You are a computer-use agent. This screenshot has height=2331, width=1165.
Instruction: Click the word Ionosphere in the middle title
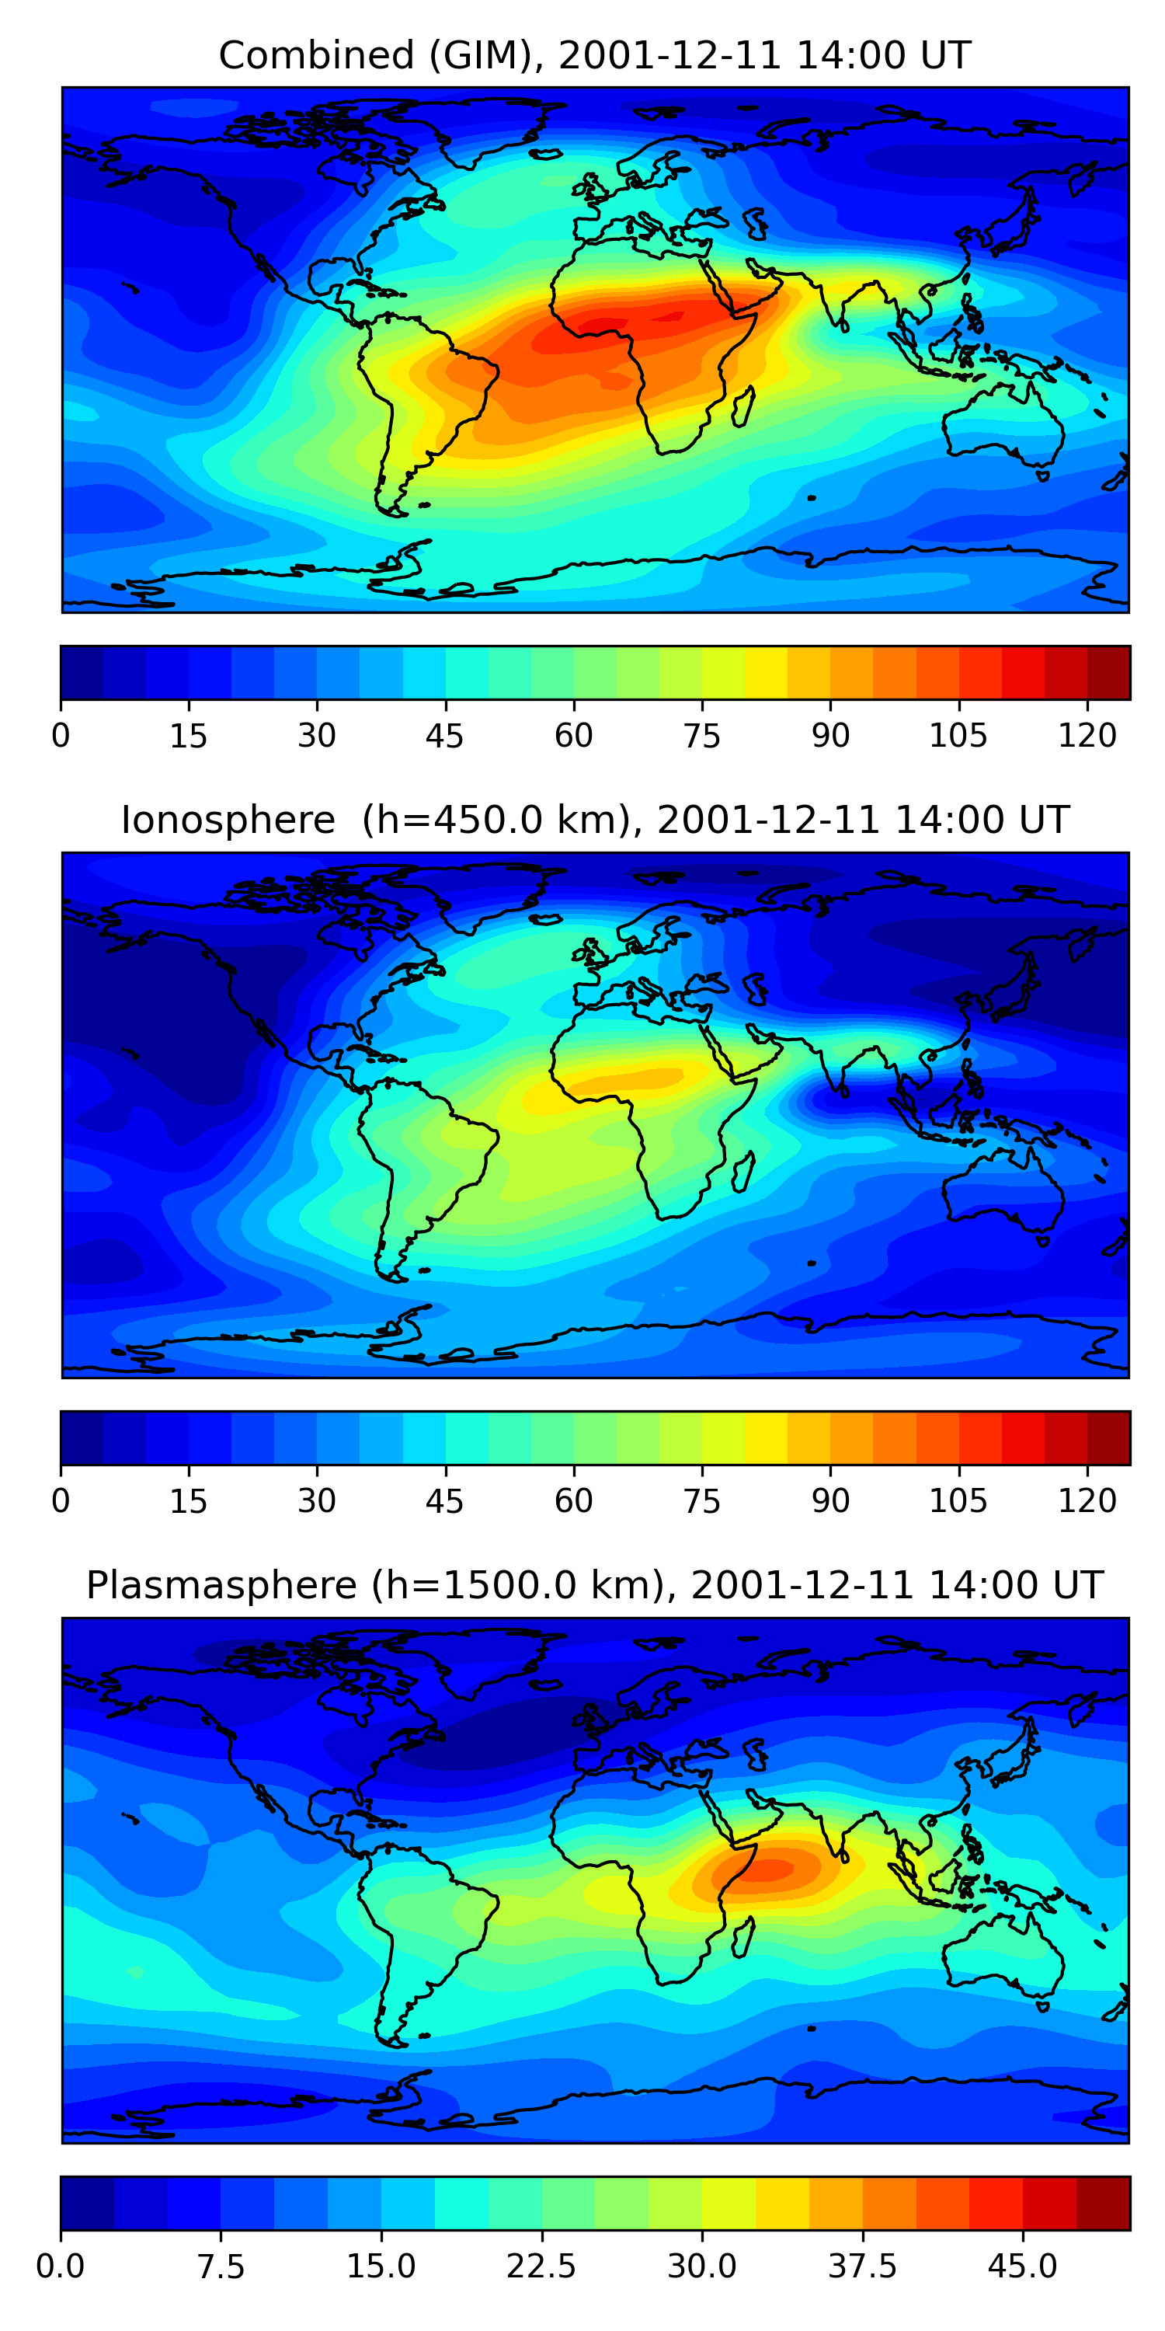click(228, 820)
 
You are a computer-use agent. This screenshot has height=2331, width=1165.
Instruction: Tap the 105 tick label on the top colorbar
click(958, 736)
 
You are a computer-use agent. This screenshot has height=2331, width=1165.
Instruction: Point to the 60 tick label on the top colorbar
click(573, 736)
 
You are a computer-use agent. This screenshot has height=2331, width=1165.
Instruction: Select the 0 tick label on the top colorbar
click(61, 736)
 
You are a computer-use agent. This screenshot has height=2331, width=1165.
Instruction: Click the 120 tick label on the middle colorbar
click(1087, 1501)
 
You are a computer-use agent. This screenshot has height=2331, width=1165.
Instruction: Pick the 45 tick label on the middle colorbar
click(444, 1501)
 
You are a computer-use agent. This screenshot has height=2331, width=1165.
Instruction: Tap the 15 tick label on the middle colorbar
click(188, 1501)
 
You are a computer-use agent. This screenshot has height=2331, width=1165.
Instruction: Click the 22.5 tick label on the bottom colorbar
click(541, 2267)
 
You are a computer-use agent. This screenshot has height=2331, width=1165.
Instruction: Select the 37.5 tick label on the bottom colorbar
click(862, 2267)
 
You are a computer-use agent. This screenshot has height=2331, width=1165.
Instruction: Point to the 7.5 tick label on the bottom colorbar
click(221, 2267)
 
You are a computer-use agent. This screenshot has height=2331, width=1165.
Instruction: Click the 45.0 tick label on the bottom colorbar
click(1022, 2267)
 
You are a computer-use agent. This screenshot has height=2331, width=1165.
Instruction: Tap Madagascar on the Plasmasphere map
click(743, 1937)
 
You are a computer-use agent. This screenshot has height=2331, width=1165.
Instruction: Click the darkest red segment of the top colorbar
click(1108, 672)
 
